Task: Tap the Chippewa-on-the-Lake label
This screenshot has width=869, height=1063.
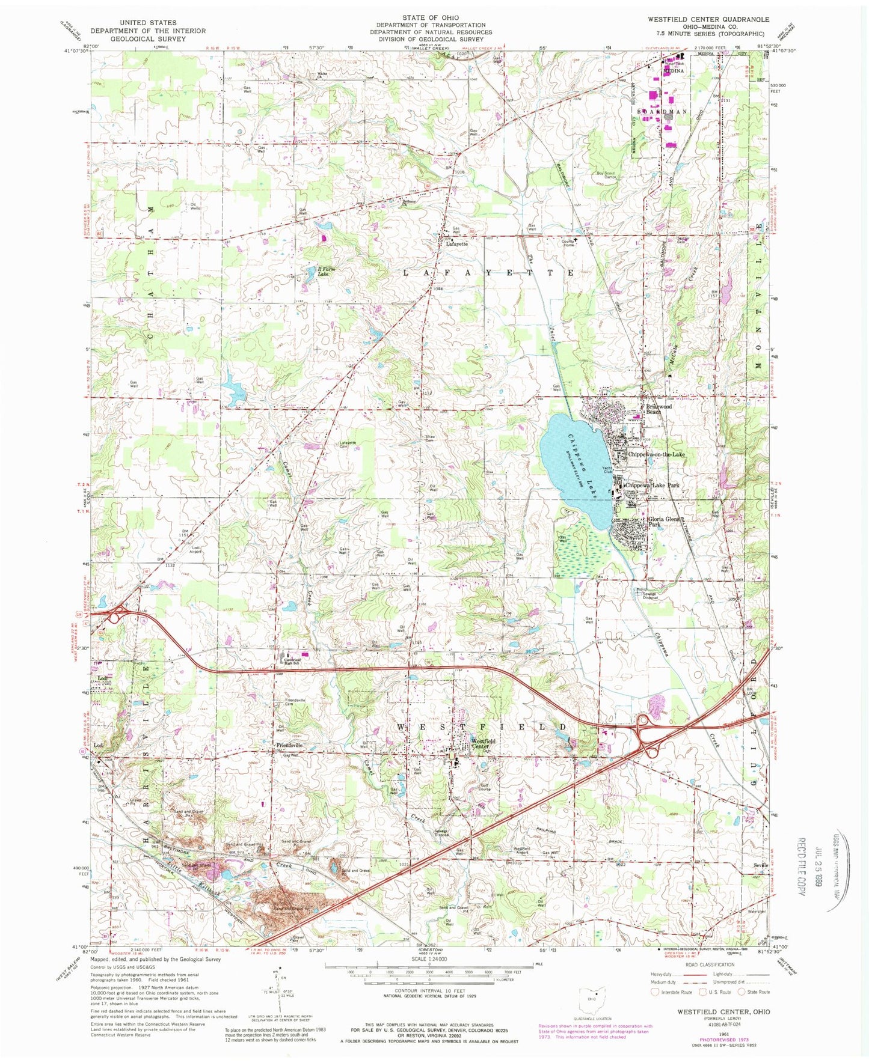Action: (x=656, y=455)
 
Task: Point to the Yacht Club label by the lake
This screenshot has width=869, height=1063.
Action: (x=606, y=471)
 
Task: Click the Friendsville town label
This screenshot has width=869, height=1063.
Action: (x=288, y=746)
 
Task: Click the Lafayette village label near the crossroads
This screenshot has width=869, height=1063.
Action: (x=456, y=244)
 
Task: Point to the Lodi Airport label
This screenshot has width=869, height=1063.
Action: (x=196, y=550)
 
